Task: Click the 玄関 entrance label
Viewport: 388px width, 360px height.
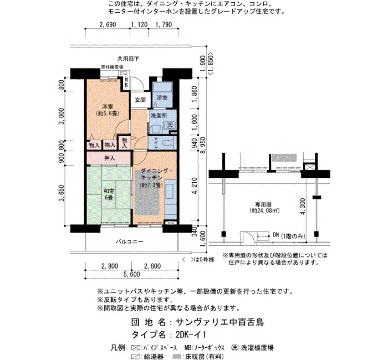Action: click(x=140, y=100)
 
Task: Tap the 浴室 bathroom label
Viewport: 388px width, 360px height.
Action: click(x=162, y=97)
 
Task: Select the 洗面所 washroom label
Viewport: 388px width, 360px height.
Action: click(x=159, y=115)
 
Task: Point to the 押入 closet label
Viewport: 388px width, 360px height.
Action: click(x=109, y=158)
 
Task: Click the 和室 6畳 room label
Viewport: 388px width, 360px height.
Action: click(x=109, y=194)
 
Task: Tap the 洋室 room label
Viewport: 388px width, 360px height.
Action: click(x=108, y=110)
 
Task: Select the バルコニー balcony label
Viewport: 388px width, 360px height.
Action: click(x=130, y=241)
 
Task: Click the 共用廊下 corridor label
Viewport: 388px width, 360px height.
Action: click(x=128, y=59)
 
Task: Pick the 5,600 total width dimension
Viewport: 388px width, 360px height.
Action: click(x=131, y=274)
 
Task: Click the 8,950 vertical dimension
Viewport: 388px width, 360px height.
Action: click(x=202, y=145)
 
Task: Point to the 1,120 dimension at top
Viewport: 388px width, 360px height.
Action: click(x=139, y=25)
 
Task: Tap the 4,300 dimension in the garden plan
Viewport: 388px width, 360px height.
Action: click(x=303, y=207)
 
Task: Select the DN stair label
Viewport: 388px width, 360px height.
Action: click(x=276, y=234)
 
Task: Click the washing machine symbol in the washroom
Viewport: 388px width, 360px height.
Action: click(x=170, y=125)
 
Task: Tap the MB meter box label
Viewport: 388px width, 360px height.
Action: click(x=126, y=83)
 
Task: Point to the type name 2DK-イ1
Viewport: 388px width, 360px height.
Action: click(x=191, y=335)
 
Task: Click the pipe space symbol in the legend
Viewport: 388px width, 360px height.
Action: click(x=135, y=348)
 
